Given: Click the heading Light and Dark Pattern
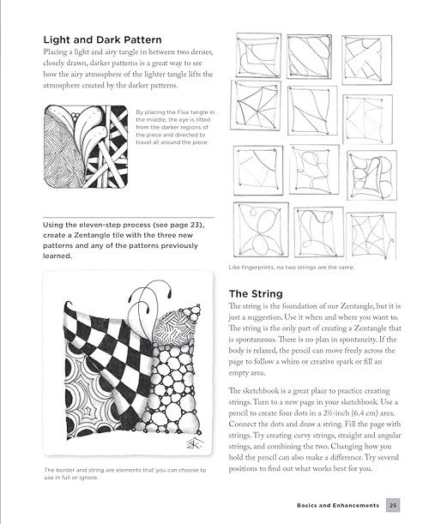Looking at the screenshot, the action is click(102, 39).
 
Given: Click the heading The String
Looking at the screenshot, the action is click(256, 294).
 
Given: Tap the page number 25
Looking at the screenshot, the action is click(393, 506).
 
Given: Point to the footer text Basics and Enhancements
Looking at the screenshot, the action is click(338, 506).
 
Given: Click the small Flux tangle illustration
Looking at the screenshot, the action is click(86, 147).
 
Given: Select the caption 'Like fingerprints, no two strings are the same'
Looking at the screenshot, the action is click(291, 268).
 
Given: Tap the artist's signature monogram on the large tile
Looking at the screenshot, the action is click(194, 443).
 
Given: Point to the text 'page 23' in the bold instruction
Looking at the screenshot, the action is click(190, 225).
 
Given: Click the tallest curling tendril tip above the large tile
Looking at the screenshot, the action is click(170, 294).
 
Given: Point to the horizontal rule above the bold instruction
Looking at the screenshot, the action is click(129, 218).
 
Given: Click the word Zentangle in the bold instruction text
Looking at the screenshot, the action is click(91, 235).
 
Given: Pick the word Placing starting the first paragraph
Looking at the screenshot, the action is click(55, 52).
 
